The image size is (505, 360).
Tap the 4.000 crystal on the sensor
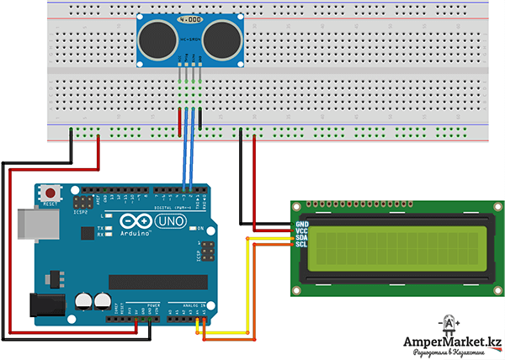tap(187, 19)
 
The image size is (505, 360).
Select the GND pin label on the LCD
tap(301, 225)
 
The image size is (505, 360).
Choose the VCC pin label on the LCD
tap(301, 231)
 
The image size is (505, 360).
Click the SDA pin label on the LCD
tap(301, 238)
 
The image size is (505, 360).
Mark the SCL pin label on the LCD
tap(301, 245)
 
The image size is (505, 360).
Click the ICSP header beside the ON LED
tap(205, 251)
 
